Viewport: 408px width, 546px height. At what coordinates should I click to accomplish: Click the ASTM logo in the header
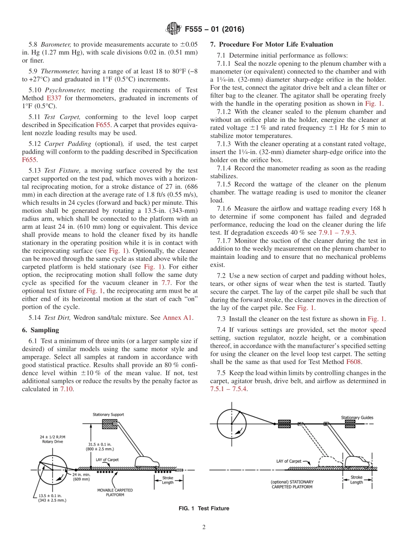click(173, 30)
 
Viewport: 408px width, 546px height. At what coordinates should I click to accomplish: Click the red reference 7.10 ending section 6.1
click(66, 389)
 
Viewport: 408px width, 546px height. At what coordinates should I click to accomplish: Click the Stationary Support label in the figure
click(109, 415)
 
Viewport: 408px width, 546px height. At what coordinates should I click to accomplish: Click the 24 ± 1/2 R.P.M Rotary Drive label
click(52, 439)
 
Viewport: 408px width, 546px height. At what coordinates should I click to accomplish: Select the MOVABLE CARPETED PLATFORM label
click(115, 492)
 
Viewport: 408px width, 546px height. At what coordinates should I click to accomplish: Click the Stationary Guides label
click(357, 417)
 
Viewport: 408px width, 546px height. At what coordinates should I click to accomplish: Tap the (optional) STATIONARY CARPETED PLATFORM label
click(292, 485)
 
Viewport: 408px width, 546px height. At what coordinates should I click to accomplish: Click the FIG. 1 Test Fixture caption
click(204, 509)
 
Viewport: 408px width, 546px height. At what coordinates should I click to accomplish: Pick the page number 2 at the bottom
click(204, 528)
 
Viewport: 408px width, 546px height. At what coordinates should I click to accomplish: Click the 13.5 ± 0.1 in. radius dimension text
click(50, 497)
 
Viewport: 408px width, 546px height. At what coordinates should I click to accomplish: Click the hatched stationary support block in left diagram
click(110, 424)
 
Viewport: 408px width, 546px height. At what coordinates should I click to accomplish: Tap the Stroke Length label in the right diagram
click(356, 479)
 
